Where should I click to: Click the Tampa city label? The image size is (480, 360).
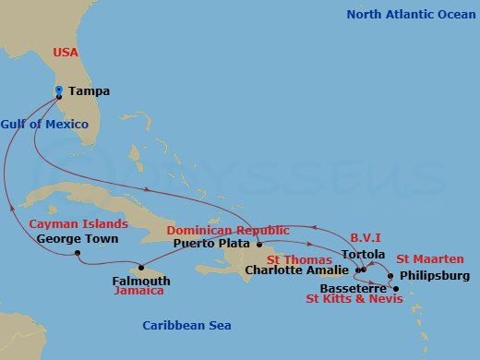tap(89, 91)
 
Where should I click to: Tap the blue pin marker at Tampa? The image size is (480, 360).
tap(59, 90)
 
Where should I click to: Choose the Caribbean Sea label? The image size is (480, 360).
tap(186, 325)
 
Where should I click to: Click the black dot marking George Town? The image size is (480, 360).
tap(78, 253)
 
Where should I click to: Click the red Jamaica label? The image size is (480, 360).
tap(138, 291)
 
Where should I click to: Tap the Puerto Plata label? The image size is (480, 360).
tap(211, 244)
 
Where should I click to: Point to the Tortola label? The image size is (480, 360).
tap(361, 254)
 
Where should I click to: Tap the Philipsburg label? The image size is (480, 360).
tap(436, 275)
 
